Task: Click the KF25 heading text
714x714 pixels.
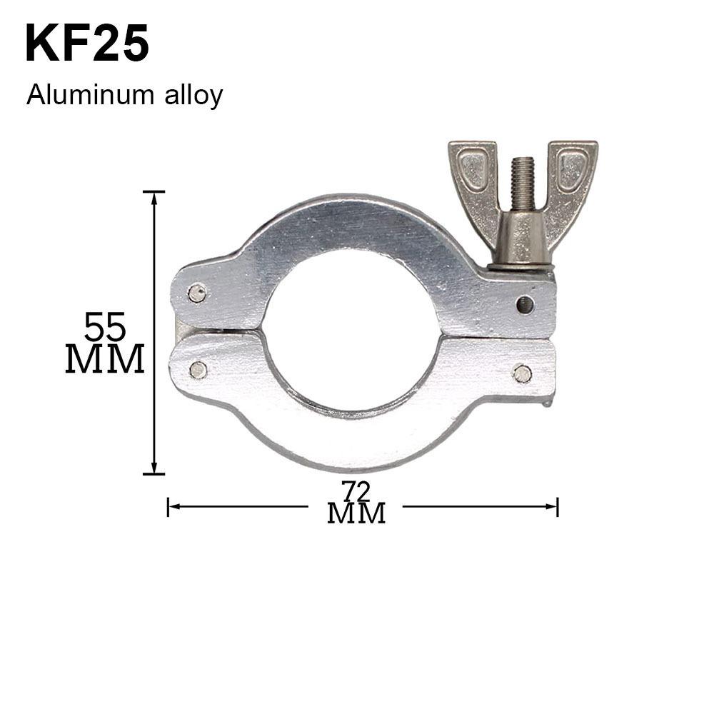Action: point(87,44)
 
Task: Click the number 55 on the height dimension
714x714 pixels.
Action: point(105,328)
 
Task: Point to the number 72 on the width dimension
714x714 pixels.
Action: point(356,493)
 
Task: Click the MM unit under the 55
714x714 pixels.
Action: point(105,359)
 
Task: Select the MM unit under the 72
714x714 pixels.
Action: point(356,513)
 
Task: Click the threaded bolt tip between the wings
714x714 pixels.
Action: point(522,178)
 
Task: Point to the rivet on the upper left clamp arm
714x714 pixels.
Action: point(197,292)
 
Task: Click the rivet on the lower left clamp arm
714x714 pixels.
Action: point(198,369)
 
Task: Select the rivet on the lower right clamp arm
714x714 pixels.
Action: point(522,373)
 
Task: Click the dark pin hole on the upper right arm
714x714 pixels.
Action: point(525,304)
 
